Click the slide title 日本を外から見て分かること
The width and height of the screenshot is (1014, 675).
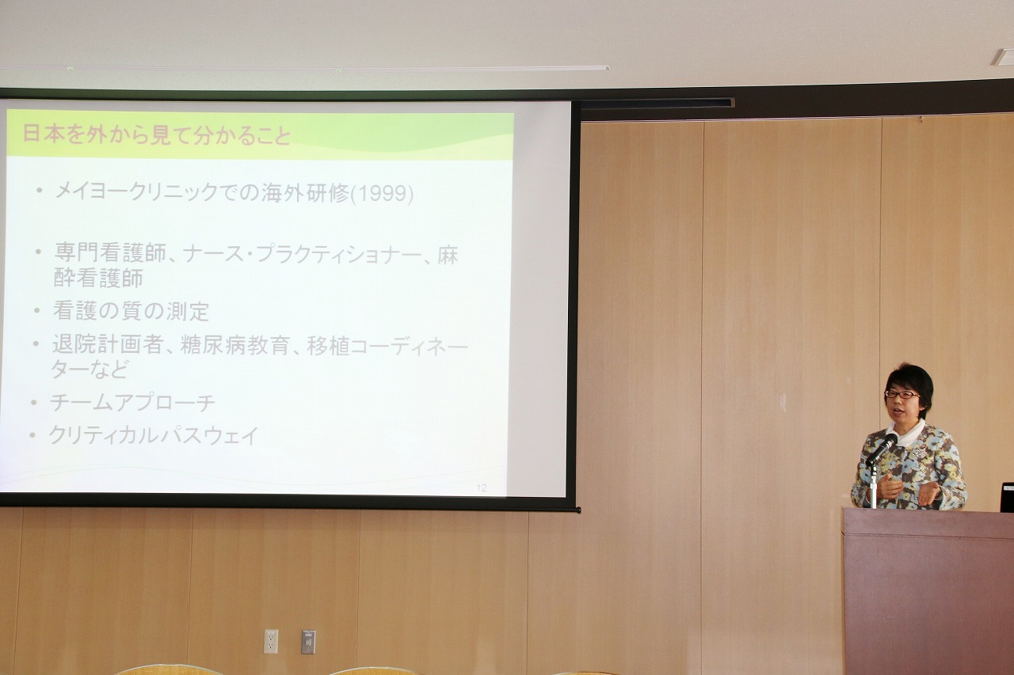(x=156, y=135)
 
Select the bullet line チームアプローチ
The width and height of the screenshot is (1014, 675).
(x=132, y=403)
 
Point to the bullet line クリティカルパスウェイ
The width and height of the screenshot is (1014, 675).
(x=154, y=435)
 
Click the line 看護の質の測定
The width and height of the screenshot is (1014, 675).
(x=131, y=311)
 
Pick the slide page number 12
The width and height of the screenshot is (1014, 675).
(x=481, y=487)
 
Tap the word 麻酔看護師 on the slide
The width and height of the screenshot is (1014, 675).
(x=256, y=267)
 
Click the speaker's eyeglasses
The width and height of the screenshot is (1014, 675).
(x=902, y=394)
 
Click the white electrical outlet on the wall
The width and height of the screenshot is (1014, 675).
(x=271, y=641)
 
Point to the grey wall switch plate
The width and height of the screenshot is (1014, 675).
(x=308, y=642)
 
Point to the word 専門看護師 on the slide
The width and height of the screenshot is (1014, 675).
(x=110, y=254)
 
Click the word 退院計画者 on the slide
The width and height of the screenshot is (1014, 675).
(x=107, y=346)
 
